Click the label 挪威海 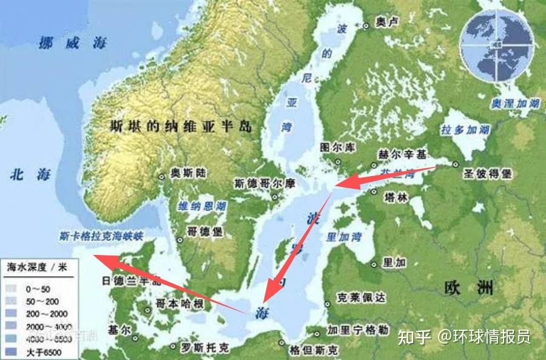tap(72, 43)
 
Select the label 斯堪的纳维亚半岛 tap(180, 126)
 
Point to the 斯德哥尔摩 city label tap(264, 183)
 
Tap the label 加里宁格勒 tap(357, 330)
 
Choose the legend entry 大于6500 tap(43, 352)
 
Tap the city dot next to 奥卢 tap(366, 26)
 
